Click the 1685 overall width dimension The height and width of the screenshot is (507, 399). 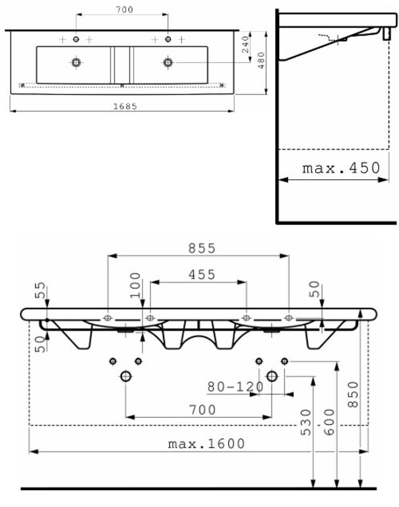(x=124, y=106)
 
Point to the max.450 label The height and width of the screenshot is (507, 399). (x=341, y=168)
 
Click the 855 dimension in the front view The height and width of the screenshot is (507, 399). (x=201, y=248)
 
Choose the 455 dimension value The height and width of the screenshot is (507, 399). (x=201, y=274)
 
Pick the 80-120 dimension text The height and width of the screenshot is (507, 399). (x=236, y=386)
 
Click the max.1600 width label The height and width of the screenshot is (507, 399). (x=206, y=443)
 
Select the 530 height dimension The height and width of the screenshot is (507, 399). (x=305, y=422)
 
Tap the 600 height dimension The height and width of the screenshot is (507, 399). (x=329, y=422)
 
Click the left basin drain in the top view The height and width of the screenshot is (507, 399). (x=76, y=62)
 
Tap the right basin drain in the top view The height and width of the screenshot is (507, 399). (x=168, y=62)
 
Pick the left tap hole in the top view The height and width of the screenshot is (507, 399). (x=76, y=39)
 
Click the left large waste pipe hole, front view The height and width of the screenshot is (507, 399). (x=126, y=376)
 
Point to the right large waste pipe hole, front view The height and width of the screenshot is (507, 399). (x=272, y=376)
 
